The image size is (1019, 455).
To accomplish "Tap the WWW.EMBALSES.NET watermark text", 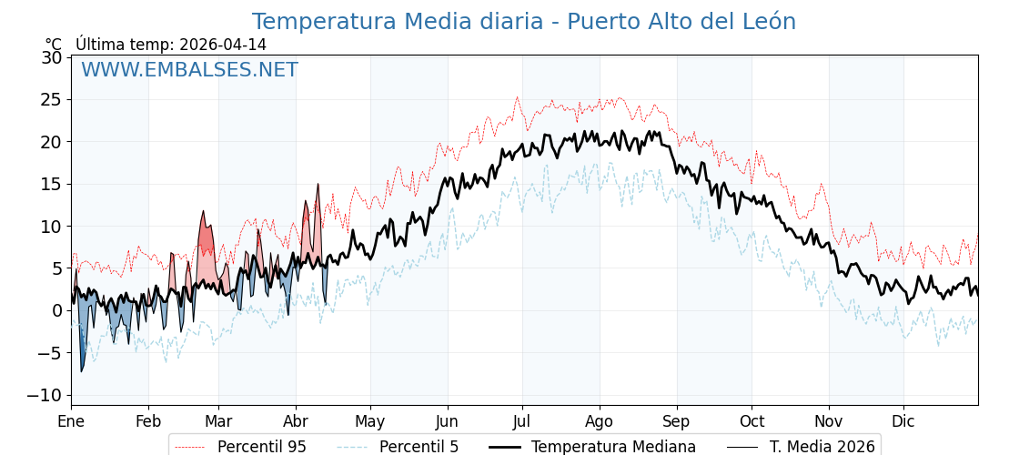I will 189,70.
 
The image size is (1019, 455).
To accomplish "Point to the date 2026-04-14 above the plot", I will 223,45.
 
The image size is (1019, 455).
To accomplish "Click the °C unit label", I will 54,45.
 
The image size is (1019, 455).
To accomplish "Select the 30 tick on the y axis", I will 52,57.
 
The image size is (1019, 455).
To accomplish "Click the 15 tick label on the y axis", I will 52,184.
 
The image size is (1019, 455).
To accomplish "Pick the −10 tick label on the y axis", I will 45,395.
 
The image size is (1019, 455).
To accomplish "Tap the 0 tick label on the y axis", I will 56,310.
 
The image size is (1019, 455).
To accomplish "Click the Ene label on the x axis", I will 71,421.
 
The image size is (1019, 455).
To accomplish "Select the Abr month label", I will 296,421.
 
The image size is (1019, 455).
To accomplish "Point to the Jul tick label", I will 522,421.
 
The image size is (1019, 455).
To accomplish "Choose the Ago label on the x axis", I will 600,421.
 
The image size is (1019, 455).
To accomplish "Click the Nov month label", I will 829,421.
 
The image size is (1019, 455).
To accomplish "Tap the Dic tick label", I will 903,421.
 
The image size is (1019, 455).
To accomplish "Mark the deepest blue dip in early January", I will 81,369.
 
